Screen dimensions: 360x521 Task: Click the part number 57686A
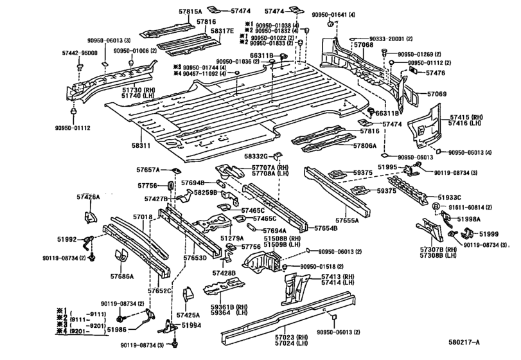coord(121,277)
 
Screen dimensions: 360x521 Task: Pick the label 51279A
coord(233,238)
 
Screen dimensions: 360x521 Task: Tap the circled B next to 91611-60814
coord(435,207)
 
